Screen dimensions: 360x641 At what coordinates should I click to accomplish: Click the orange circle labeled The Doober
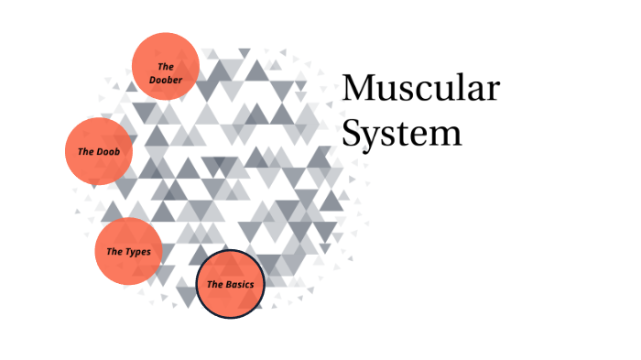click(166, 67)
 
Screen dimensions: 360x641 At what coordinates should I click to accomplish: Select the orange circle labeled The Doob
click(99, 151)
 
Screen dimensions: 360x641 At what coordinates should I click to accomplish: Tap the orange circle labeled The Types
click(128, 251)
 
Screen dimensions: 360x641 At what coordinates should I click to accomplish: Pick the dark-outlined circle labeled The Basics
click(230, 284)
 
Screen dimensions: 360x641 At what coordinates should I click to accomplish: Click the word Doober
click(166, 80)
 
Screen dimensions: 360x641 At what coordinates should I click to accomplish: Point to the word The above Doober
click(166, 66)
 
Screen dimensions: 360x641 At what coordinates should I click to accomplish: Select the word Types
click(139, 252)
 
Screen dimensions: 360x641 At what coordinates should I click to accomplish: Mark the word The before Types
click(114, 252)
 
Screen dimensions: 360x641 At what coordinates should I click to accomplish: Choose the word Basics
click(240, 285)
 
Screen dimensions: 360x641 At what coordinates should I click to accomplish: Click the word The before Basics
click(215, 285)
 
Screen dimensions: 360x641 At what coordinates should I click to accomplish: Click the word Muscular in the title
click(420, 90)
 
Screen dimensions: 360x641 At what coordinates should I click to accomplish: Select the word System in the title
click(401, 134)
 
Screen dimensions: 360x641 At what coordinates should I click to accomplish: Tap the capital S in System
click(352, 134)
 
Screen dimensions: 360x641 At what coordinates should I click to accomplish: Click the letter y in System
click(372, 137)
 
